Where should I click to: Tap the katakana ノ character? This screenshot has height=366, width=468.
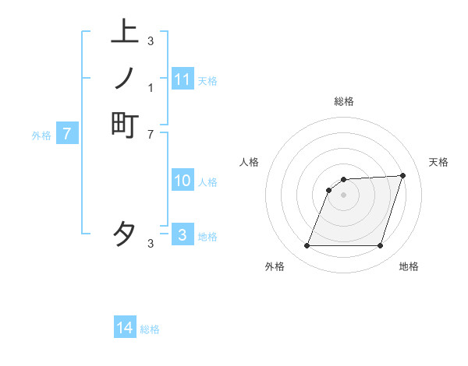click(125, 78)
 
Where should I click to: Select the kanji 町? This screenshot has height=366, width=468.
click(125, 125)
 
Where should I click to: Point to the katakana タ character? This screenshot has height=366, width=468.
click(125, 234)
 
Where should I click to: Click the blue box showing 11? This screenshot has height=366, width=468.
click(183, 79)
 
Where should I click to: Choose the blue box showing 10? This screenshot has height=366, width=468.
click(183, 181)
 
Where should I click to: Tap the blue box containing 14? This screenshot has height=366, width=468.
click(125, 329)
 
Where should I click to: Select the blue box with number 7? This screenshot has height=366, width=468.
click(67, 134)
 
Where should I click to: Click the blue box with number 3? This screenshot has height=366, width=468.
click(183, 234)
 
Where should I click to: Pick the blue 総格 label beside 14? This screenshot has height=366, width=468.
click(150, 329)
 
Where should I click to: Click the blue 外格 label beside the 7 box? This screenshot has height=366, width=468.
click(41, 135)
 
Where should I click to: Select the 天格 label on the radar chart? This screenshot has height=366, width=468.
click(438, 162)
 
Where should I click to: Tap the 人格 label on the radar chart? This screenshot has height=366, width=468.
click(249, 162)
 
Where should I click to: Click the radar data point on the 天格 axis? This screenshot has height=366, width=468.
click(402, 176)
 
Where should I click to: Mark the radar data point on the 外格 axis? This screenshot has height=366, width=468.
click(307, 246)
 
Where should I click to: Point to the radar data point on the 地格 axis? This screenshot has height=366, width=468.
click(380, 246)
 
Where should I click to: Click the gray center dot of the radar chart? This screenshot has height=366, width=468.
click(343, 195)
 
